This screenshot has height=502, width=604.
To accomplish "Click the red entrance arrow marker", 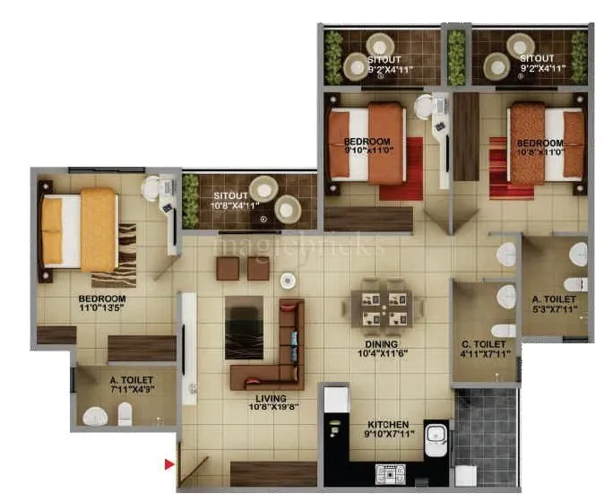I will tap(168, 463).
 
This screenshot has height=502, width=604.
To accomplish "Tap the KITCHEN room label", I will tap(387, 424).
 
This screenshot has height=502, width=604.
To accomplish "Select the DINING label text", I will tap(382, 342).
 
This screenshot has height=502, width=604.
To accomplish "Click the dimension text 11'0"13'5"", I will tap(101, 308).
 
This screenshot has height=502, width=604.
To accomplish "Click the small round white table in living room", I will tap(288, 280).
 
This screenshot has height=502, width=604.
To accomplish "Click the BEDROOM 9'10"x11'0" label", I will tap(367, 146).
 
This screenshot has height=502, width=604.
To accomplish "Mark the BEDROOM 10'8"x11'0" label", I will tap(539, 146).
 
